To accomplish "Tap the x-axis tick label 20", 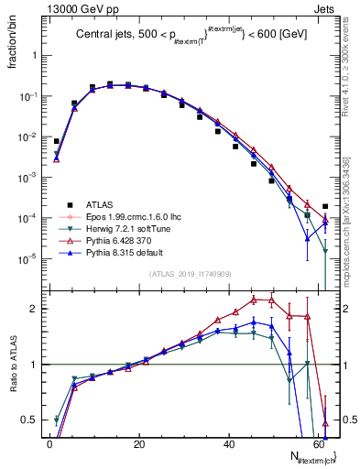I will pyautogui.click(x=139, y=443).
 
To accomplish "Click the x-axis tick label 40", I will pyautogui.click(x=228, y=443).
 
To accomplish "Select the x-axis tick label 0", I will pyautogui.click(x=49, y=443).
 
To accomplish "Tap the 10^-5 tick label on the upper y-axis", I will pyautogui.click(x=28, y=258).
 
